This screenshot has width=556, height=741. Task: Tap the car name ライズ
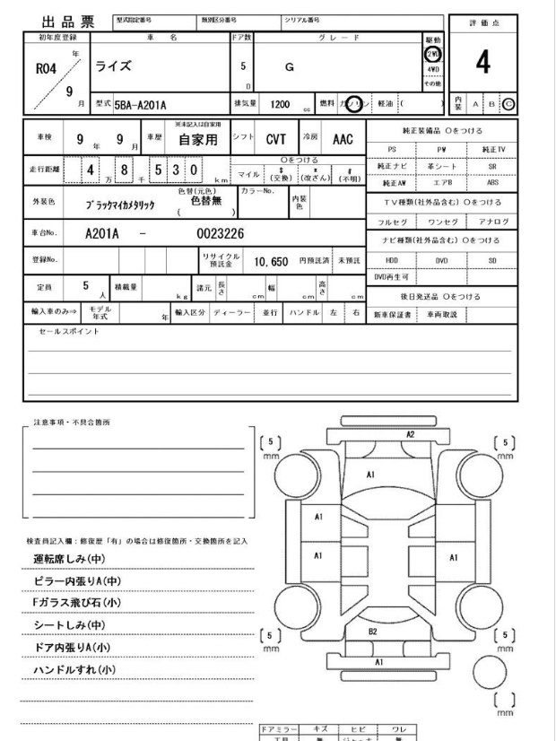coord(113,66)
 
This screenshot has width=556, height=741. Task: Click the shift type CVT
coord(274,140)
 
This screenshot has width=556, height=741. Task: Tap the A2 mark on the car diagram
coord(411,433)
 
